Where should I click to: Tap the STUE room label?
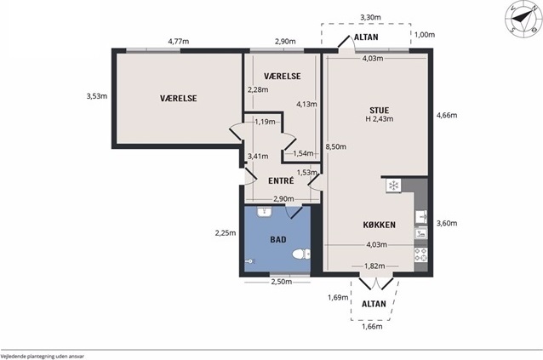[380, 111]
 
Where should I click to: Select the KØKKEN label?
[380, 225]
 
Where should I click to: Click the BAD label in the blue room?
[278, 239]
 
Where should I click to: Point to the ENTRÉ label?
[281, 180]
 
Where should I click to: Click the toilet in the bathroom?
[301, 254]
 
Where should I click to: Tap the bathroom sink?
[265, 212]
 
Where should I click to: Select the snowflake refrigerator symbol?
[393, 186]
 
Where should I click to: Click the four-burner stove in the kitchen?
[420, 254]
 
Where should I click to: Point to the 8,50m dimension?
[335, 146]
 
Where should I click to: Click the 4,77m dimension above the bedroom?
[179, 42]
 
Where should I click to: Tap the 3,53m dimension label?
[97, 96]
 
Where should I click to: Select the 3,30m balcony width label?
[370, 17]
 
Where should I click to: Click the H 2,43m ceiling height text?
[380, 119]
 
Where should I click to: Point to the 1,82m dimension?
[374, 266]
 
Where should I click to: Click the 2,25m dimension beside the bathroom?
[226, 233]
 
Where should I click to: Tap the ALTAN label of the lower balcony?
[374, 304]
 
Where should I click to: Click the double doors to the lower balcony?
[376, 282]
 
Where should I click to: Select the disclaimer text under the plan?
[43, 356]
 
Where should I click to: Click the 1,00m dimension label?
[425, 35]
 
